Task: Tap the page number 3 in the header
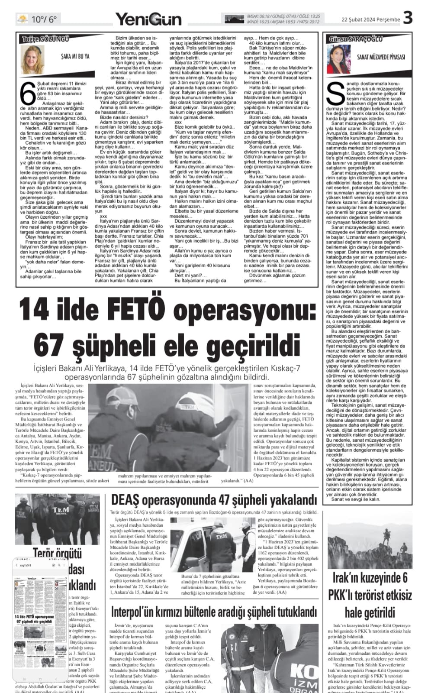[407, 18]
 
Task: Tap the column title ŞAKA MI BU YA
[74, 56]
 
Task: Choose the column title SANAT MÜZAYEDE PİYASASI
[381, 57]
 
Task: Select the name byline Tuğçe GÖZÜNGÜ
[45, 39]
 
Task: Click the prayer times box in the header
[272, 19]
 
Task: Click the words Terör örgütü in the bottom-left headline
[58, 554]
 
